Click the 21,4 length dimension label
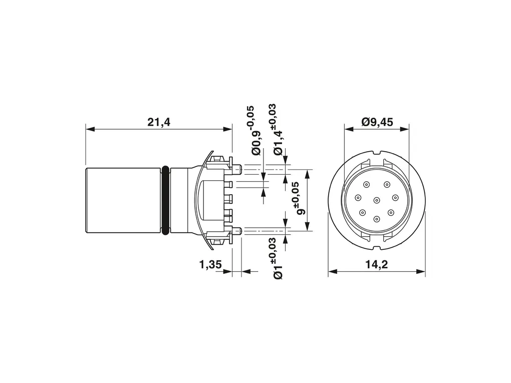point(159,122)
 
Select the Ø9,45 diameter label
point(377,122)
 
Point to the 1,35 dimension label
point(210,265)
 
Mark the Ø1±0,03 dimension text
point(277,258)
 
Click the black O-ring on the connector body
point(165,200)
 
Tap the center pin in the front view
point(377,200)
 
